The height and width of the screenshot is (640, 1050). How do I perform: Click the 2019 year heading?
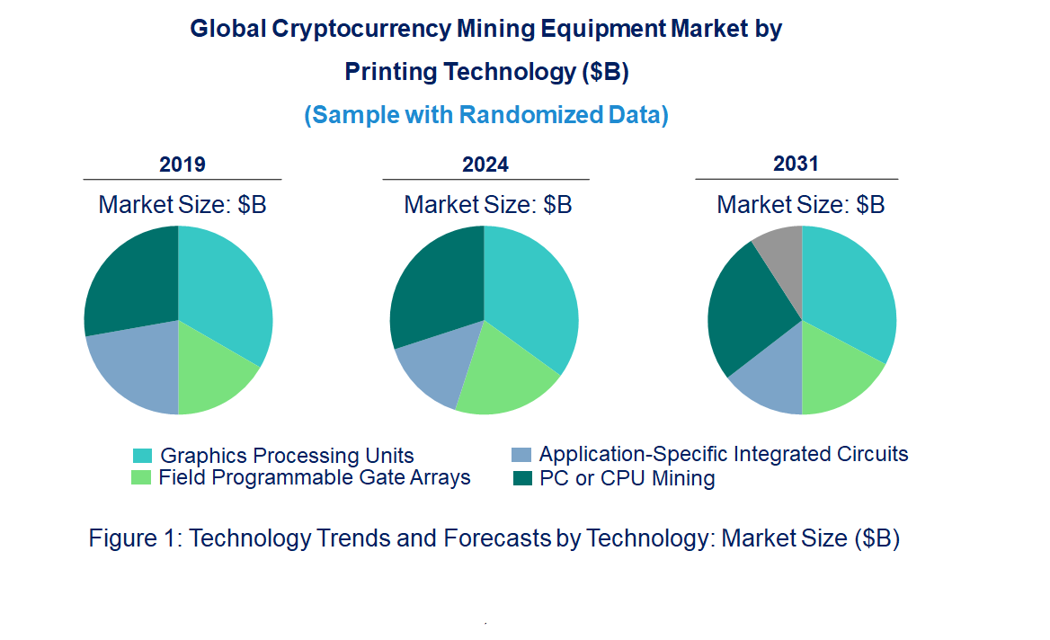click(x=182, y=165)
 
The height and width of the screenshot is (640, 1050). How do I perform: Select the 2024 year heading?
click(x=485, y=165)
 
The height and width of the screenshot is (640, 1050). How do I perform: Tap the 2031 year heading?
click(x=796, y=164)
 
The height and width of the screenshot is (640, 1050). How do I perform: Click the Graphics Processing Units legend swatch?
click(x=143, y=456)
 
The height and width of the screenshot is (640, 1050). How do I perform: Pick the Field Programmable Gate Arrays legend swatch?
click(x=143, y=477)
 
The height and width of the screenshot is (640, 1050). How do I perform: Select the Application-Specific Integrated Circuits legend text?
click(x=723, y=454)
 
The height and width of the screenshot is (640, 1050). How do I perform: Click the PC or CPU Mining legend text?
click(x=627, y=478)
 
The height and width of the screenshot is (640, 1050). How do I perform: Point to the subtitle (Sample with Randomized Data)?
click(x=486, y=115)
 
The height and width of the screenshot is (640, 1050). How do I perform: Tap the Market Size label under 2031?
click(x=800, y=205)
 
